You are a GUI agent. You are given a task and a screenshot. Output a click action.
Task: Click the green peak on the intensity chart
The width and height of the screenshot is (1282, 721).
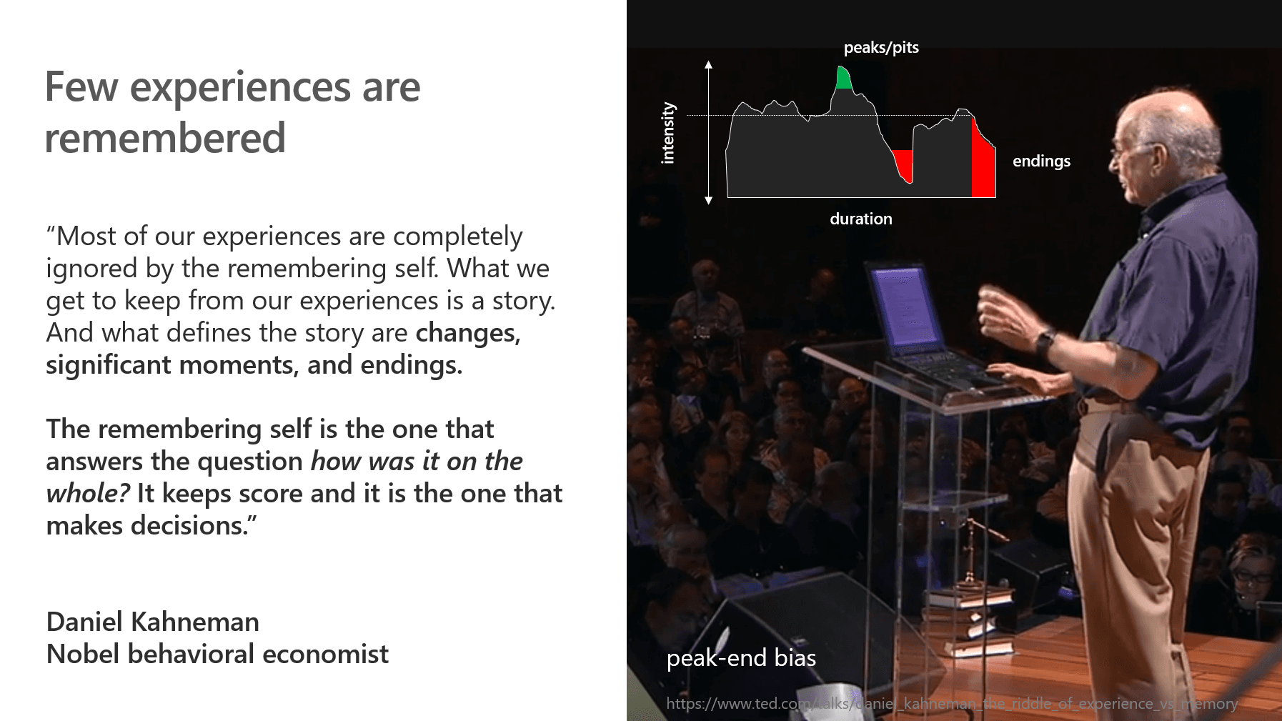(844, 78)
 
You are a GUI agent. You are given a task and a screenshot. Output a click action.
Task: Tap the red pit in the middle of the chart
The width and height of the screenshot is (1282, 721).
(903, 164)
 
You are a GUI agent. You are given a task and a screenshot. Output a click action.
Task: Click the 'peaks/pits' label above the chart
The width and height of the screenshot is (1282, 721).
(881, 48)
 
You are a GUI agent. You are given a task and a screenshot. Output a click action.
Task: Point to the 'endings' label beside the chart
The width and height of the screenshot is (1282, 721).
(1041, 161)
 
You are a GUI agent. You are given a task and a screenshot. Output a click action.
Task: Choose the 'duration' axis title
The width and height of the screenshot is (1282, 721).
(860, 219)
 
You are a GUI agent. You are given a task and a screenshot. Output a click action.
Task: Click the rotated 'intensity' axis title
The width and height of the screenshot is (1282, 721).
(668, 133)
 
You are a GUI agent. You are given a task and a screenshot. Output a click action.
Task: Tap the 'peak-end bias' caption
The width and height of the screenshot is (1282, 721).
(741, 657)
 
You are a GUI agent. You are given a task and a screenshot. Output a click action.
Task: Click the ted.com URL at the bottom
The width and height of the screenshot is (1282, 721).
(952, 704)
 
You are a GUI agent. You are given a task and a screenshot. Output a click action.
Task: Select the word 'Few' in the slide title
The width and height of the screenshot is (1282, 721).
(81, 87)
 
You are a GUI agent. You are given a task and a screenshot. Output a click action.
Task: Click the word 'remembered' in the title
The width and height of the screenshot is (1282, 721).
(165, 138)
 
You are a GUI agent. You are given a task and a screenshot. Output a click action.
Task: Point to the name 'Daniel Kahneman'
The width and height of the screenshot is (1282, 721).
(152, 622)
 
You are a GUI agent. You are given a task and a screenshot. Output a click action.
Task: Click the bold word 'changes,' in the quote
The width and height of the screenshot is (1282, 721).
(468, 333)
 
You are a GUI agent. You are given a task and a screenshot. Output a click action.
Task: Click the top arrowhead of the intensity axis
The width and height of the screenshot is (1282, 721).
(708, 64)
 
